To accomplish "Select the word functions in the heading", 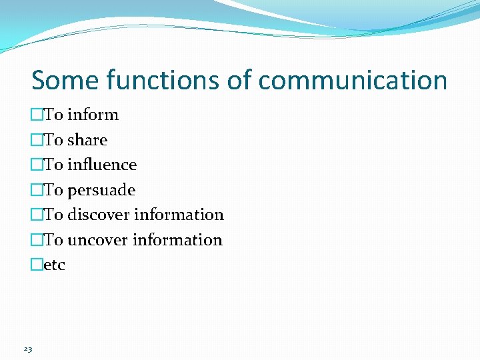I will click(x=161, y=81).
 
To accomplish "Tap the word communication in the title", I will click(x=353, y=81).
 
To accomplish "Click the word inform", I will click(x=93, y=115).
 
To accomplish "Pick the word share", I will click(x=87, y=140).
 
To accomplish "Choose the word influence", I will click(x=102, y=165).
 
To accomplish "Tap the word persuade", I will click(x=101, y=191).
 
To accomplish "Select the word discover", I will click(x=99, y=215).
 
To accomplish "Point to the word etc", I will click(x=55, y=265).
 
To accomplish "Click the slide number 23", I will click(x=27, y=349).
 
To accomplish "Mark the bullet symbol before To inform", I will click(x=37, y=115).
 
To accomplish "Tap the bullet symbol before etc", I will click(x=37, y=265).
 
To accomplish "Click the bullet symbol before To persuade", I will click(x=37, y=191).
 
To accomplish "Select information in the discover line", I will click(x=179, y=215).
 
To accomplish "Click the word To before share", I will click(x=53, y=140).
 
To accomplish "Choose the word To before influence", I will click(x=53, y=165).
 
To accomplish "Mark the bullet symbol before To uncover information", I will click(x=37, y=240).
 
